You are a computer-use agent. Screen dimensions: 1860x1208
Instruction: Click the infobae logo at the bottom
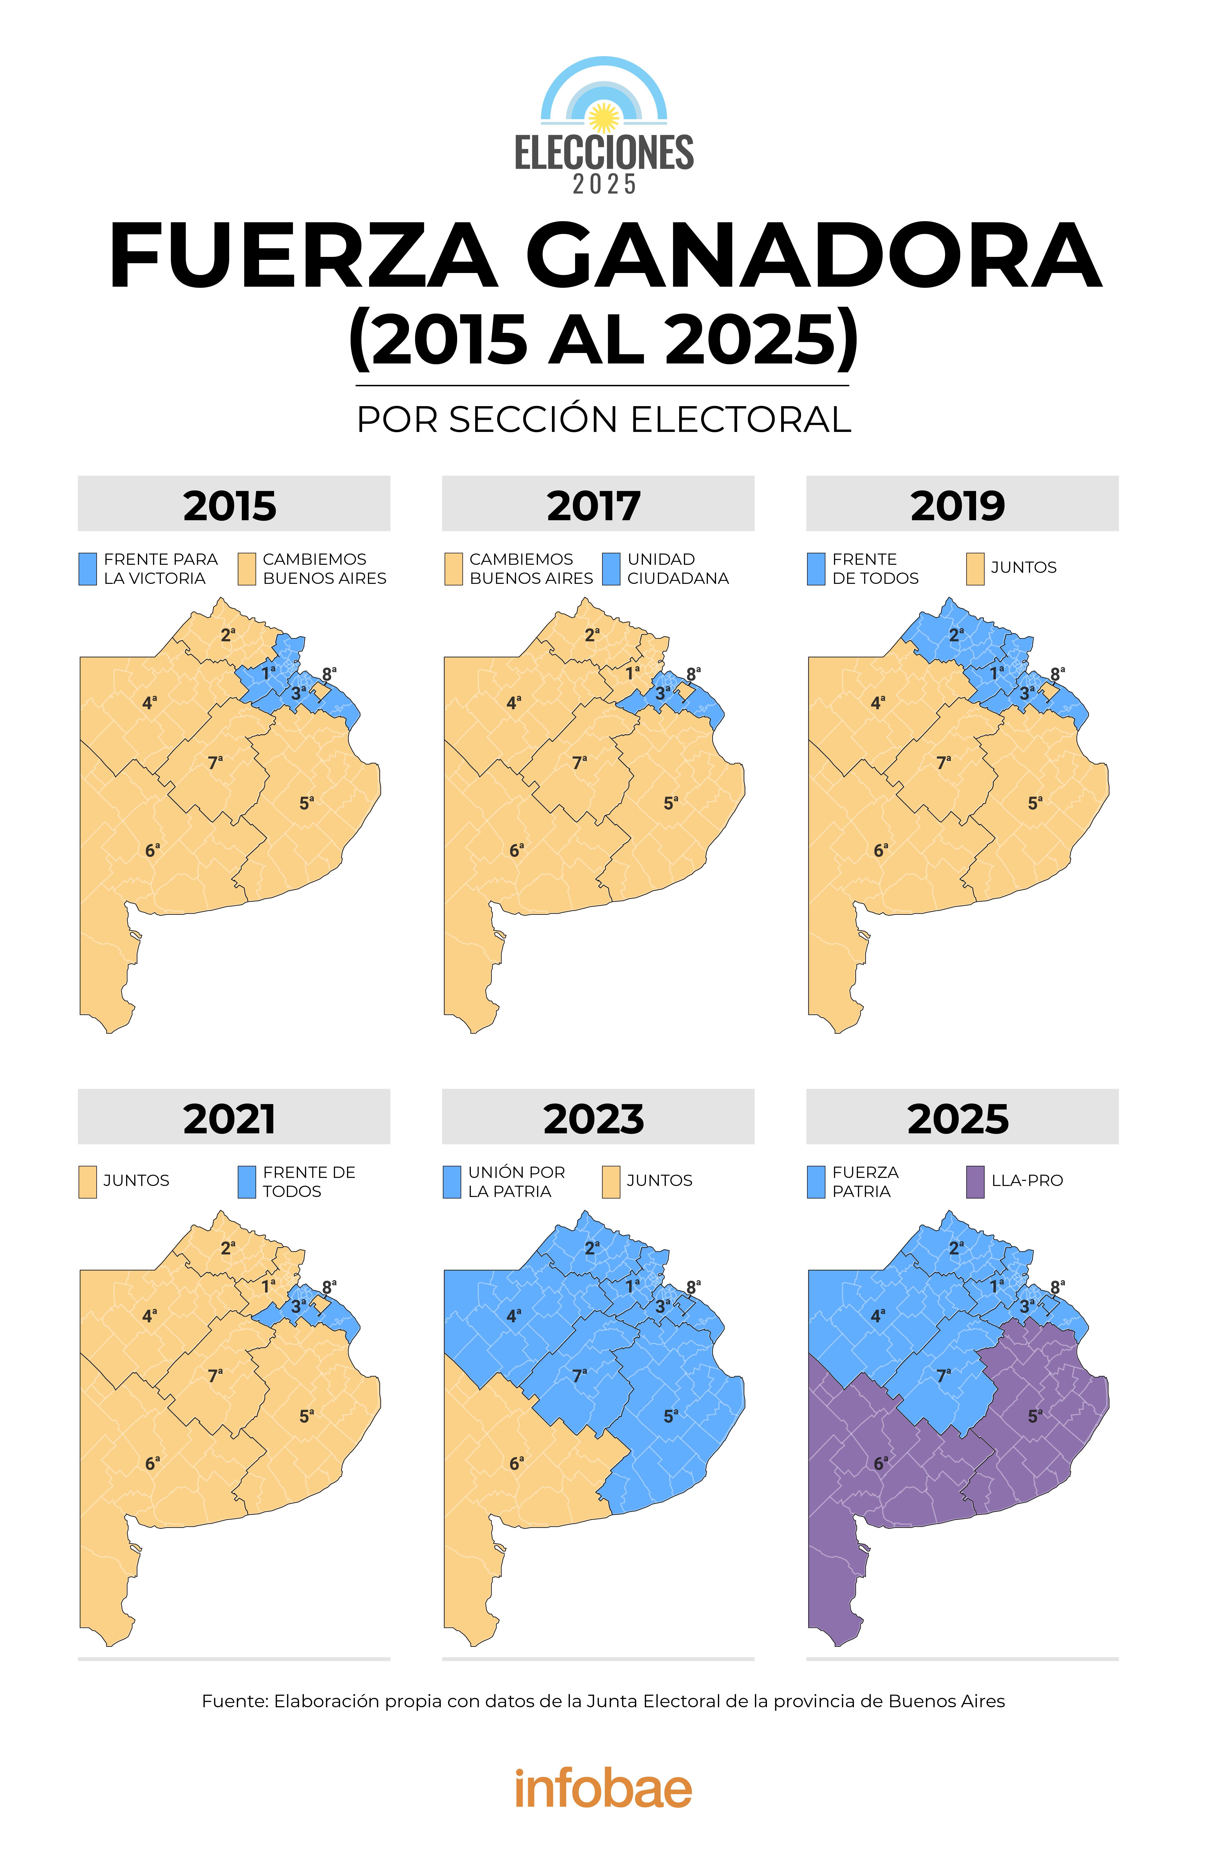pyautogui.click(x=603, y=1788)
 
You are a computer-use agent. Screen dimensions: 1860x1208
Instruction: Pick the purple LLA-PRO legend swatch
pyautogui.click(x=974, y=1182)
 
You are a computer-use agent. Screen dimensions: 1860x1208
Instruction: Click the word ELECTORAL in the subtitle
pyautogui.click(x=740, y=420)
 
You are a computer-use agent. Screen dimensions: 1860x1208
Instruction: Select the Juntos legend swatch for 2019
pyautogui.click(x=974, y=569)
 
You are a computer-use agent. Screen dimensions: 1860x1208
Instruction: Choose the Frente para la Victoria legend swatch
pyautogui.click(x=88, y=569)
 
